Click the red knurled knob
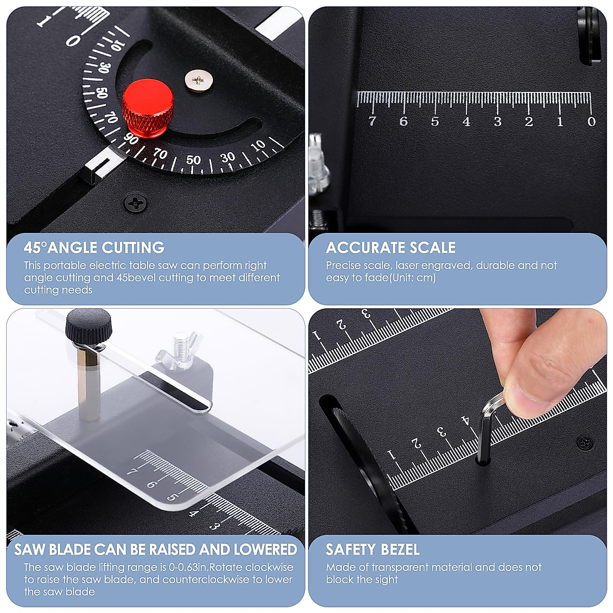148,105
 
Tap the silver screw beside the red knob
198,80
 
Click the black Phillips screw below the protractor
136,203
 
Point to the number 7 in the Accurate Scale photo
372,121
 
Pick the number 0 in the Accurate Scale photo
591,122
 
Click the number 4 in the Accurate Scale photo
466,122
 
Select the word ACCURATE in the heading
364,248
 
